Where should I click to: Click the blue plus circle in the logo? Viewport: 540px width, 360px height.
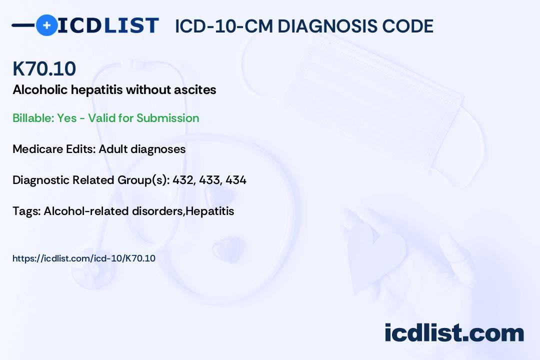pyautogui.click(x=46, y=25)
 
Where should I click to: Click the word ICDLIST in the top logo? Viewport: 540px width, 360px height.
pyautogui.click(x=108, y=25)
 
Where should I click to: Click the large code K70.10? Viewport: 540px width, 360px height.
pyautogui.click(x=44, y=68)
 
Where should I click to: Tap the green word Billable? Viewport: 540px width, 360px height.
pyautogui.click(x=33, y=118)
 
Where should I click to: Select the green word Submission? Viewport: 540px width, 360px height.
pyautogui.click(x=167, y=118)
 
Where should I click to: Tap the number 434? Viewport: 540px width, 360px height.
pyautogui.click(x=236, y=180)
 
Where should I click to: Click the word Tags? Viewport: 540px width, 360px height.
pyautogui.click(x=27, y=211)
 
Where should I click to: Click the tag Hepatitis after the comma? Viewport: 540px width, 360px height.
pyautogui.click(x=209, y=211)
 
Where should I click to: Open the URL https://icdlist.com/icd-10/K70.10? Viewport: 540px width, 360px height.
pyautogui.click(x=84, y=258)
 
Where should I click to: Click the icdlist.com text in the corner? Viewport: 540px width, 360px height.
pyautogui.click(x=454, y=332)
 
